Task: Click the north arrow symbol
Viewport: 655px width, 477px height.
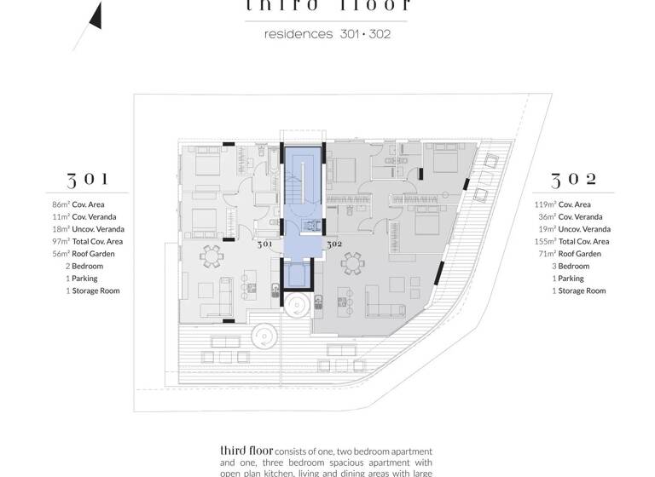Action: click(x=96, y=14)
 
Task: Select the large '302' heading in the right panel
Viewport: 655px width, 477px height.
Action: click(x=574, y=180)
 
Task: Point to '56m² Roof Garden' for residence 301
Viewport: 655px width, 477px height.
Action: click(x=85, y=254)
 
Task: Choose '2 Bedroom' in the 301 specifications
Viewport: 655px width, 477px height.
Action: click(x=84, y=267)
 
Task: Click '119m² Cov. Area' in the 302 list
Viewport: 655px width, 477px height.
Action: click(x=562, y=204)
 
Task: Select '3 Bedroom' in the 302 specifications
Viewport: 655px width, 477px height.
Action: click(x=570, y=267)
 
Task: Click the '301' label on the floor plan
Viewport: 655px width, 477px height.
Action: click(x=265, y=244)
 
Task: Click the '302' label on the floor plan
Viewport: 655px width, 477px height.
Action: click(x=333, y=244)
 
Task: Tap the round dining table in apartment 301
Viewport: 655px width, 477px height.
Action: click(x=213, y=255)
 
